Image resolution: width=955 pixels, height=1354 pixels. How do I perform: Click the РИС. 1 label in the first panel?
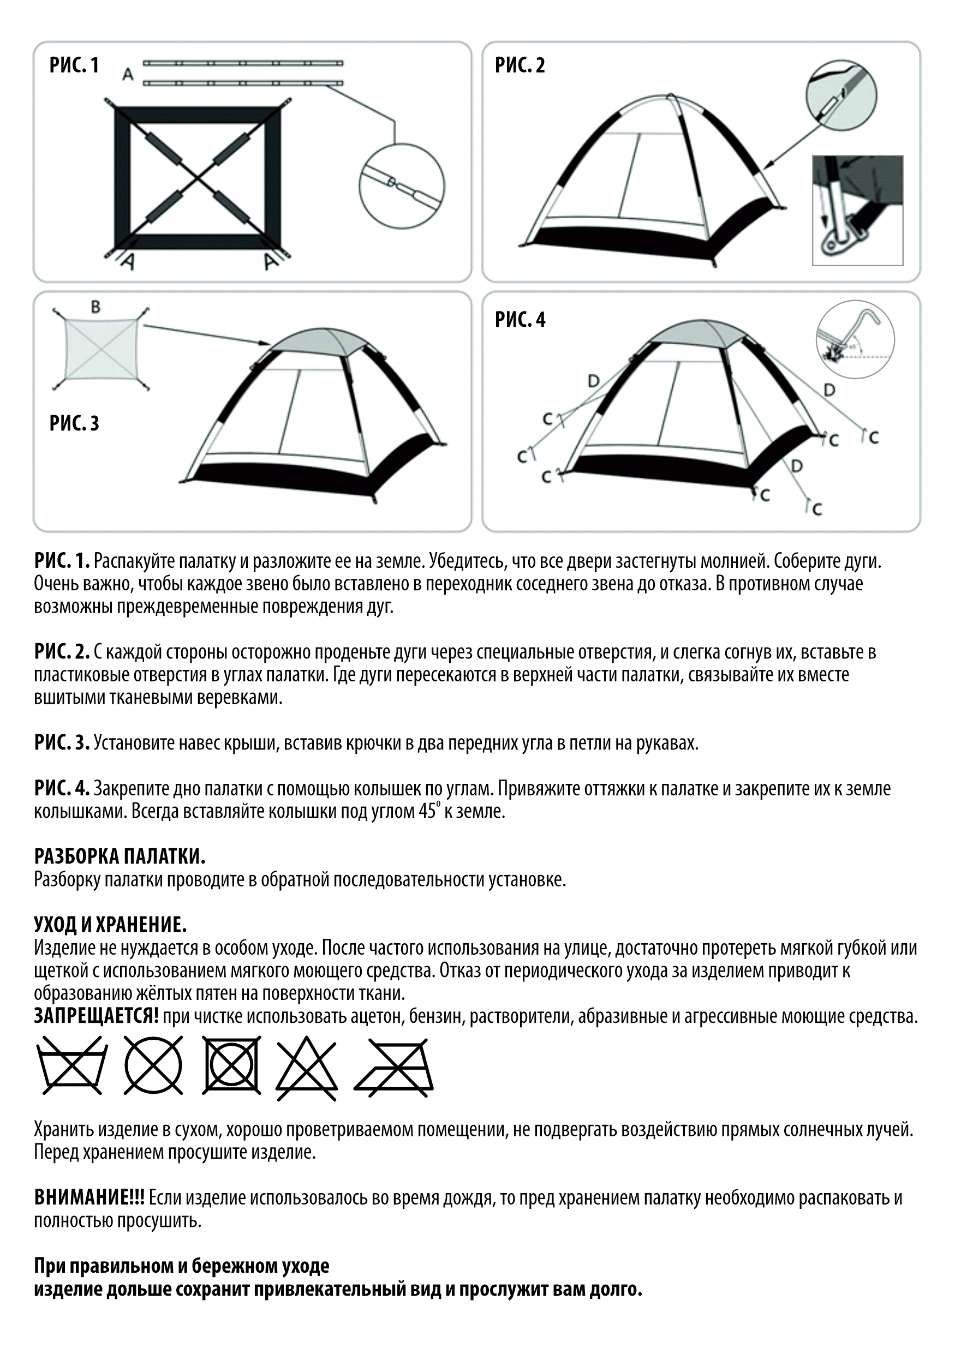74,65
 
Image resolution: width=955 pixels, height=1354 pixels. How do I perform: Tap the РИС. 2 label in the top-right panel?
520,65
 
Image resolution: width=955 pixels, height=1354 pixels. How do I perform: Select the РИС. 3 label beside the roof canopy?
74,423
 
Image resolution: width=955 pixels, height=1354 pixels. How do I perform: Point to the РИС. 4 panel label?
520,320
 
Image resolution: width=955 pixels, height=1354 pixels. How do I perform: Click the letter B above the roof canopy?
95,307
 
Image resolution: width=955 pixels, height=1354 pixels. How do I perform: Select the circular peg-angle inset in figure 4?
855,338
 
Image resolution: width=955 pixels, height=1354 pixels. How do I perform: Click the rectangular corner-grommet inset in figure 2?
858,210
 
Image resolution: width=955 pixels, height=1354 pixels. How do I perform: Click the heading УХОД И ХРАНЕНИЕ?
110,924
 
